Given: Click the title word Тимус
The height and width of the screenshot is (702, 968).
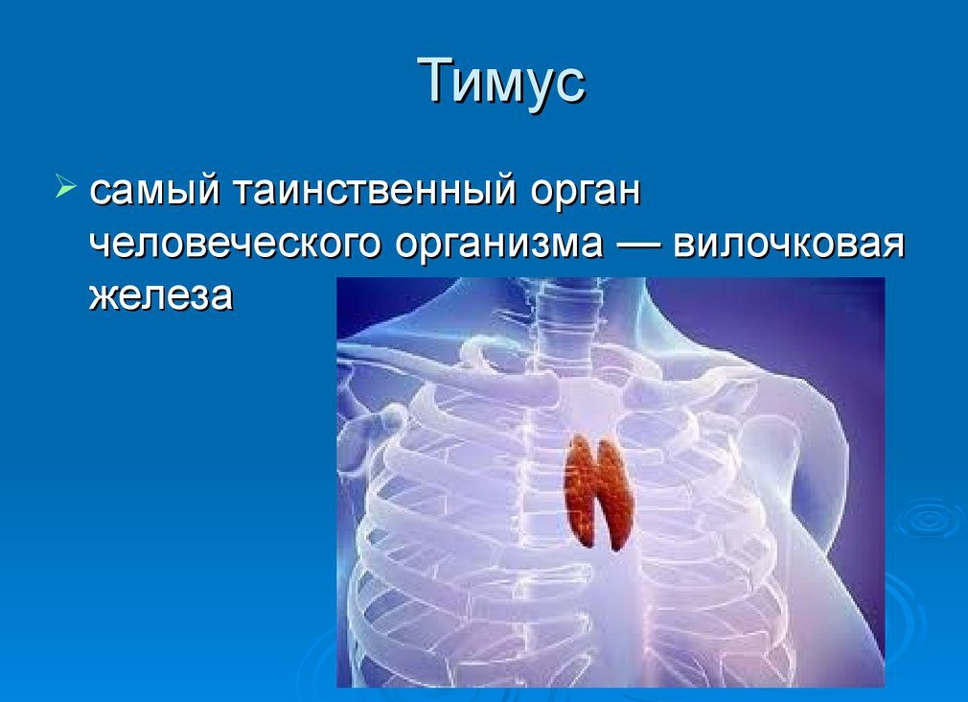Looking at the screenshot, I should [x=501, y=81].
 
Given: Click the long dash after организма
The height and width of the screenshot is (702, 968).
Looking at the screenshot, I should [x=636, y=246].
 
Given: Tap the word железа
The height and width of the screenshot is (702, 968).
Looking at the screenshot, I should [x=161, y=295].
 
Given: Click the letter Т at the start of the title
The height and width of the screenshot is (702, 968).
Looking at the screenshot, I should [x=434, y=81].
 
